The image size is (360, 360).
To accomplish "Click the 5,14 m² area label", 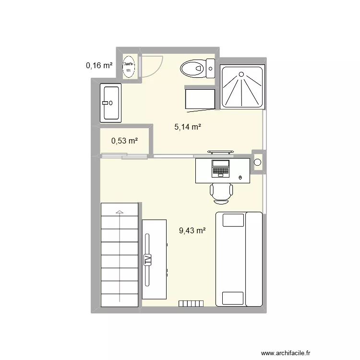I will pyautogui.click(x=187, y=127).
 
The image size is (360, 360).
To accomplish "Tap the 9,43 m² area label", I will pyautogui.click(x=192, y=231).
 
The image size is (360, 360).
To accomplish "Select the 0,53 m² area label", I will pyautogui.click(x=124, y=141).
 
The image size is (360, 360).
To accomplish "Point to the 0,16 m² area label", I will pyautogui.click(x=99, y=66).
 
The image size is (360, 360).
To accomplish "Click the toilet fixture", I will pyautogui.click(x=193, y=69).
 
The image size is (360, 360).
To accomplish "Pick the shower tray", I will pyautogui.click(x=242, y=86).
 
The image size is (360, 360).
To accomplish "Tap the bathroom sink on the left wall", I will pyautogui.click(x=110, y=102).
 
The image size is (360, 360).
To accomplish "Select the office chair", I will pyautogui.click(x=221, y=190).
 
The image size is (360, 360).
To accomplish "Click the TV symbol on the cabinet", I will pyautogui.click(x=148, y=260).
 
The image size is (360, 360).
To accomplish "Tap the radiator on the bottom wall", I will pyautogui.click(x=191, y=303).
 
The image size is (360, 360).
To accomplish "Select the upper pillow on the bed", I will pyautogui.click(x=233, y=220).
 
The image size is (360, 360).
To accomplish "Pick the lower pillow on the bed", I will pyautogui.click(x=233, y=298).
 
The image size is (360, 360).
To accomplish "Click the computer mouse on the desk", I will pyautogui.click(x=240, y=178).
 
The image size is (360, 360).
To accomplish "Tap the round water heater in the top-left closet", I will pyautogui.click(x=129, y=67).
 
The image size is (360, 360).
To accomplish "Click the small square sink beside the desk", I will pyautogui.click(x=258, y=162).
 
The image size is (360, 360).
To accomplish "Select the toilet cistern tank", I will pyautogui.click(x=210, y=68).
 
